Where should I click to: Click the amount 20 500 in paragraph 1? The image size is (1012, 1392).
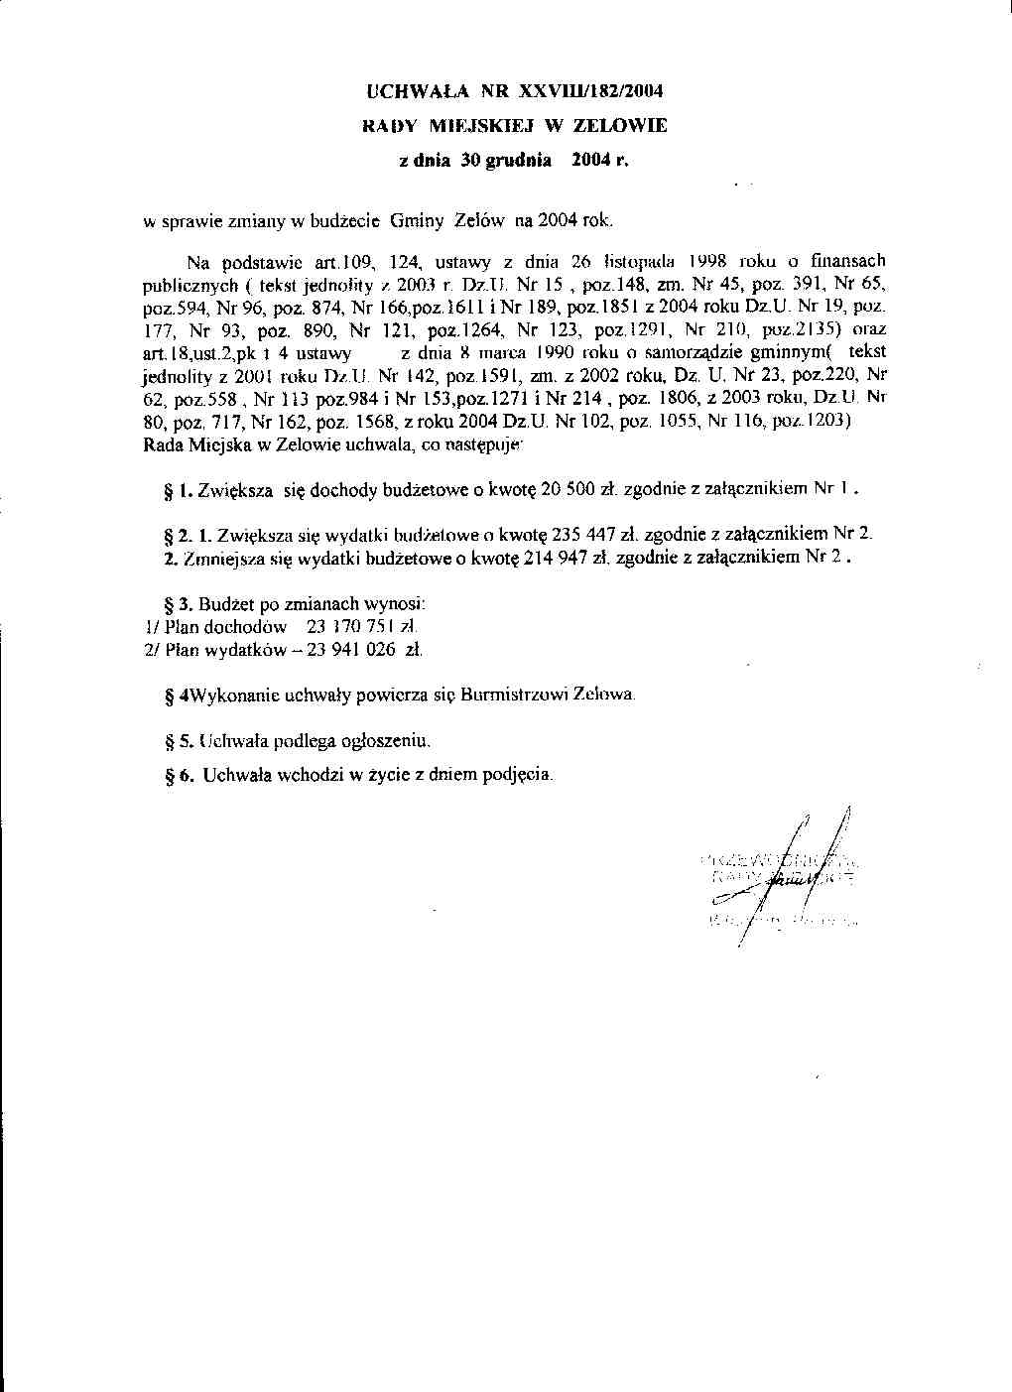coord(565,489)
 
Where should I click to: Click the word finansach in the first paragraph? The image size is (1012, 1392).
coord(845,263)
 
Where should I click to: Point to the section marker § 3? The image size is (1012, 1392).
coord(178,603)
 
